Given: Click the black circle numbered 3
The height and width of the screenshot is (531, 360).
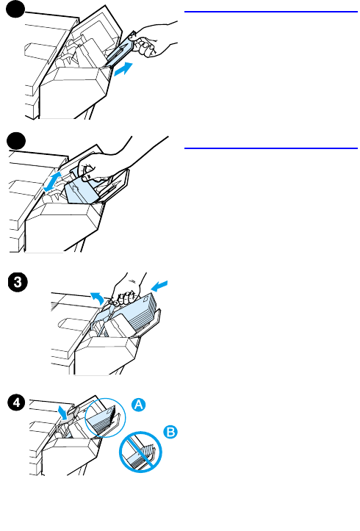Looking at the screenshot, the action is [18, 283].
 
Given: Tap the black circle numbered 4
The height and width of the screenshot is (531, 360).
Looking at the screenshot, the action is [17, 402].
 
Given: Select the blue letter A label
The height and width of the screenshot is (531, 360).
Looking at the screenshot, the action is [139, 405].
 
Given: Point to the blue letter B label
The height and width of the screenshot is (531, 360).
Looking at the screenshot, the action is [170, 432].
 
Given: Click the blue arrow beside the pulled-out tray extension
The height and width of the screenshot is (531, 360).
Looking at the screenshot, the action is [123, 69].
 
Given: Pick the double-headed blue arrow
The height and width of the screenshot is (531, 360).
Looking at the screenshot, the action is [53, 181].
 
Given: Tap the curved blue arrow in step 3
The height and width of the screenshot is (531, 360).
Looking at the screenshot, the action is [97, 297].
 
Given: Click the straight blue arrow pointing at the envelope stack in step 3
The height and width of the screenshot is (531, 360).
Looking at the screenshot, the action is [159, 286].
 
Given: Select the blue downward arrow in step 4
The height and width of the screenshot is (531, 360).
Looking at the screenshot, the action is [62, 412].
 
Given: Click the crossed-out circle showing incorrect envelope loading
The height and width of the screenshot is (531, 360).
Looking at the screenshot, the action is [140, 452].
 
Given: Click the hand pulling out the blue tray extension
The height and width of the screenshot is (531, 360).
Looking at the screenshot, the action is [152, 38].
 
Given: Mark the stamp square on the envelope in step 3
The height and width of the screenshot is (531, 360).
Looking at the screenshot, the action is [146, 300].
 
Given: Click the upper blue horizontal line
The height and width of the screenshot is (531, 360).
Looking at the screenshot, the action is [271, 12].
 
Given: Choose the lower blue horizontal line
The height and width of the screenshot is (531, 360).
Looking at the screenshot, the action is [271, 148].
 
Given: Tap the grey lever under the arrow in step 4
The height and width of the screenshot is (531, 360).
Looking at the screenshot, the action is [70, 416].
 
